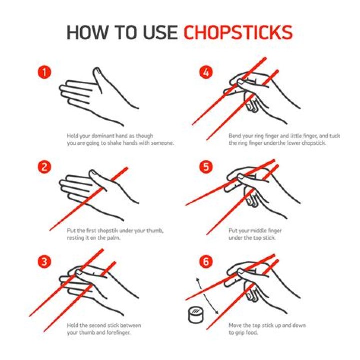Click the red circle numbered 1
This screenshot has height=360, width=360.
(x=45, y=73)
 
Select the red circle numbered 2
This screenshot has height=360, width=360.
(x=45, y=167)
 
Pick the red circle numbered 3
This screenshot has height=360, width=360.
(x=45, y=262)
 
